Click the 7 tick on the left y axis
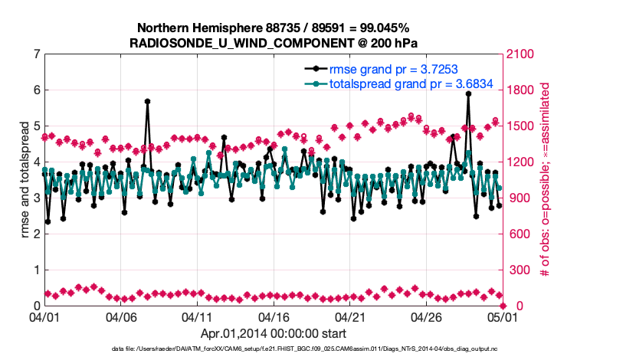(36, 54)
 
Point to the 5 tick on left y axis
(36, 126)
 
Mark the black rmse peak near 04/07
(147, 101)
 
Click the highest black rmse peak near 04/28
(468, 93)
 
